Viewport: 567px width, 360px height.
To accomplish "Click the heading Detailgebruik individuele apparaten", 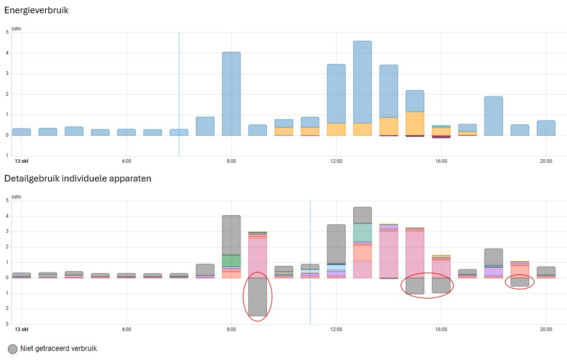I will click(x=78, y=178).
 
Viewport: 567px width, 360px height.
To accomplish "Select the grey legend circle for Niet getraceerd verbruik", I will click(x=13, y=349).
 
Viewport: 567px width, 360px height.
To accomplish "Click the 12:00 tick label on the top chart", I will click(x=336, y=161).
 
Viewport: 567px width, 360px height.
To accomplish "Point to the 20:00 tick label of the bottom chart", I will click(x=546, y=329).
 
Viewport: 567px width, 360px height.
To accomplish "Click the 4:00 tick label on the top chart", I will click(x=127, y=161).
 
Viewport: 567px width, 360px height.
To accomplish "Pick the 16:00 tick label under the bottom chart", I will click(x=441, y=329).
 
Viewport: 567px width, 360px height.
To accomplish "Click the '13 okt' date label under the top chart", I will click(x=22, y=161).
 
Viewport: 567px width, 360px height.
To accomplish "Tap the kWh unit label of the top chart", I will click(x=16, y=28).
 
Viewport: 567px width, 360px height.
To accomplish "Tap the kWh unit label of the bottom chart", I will click(x=16, y=197).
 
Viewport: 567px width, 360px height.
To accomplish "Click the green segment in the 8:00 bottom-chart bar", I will click(x=231, y=261).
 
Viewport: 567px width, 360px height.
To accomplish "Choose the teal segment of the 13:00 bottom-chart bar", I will click(x=362, y=232).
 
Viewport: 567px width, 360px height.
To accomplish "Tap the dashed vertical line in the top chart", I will click(x=179, y=90).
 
